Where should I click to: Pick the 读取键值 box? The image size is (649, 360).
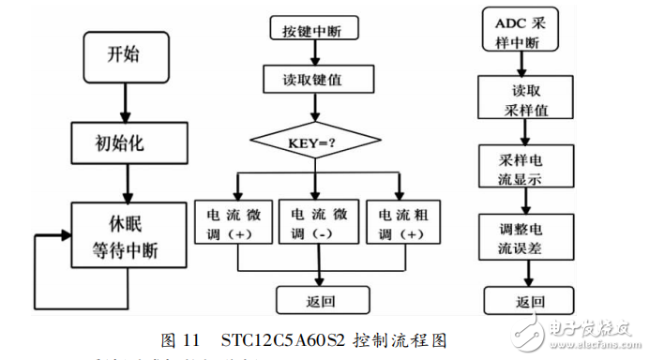coord(320,80)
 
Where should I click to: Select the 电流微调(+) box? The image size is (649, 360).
coord(235,223)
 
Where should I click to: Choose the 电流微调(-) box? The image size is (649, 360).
coord(320,223)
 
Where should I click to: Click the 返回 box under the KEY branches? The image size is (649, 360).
coord(320,301)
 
